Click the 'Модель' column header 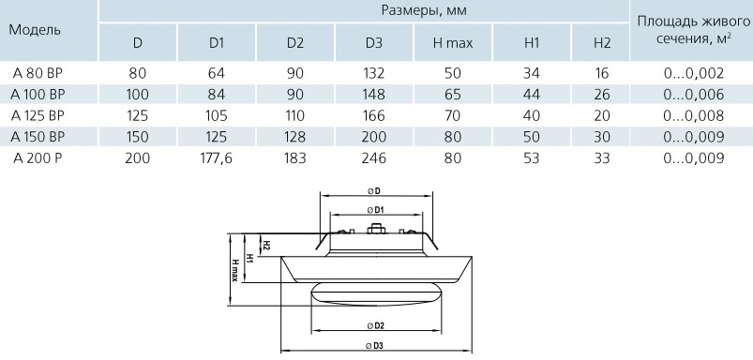[x=35, y=30]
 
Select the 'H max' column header [x=453, y=43]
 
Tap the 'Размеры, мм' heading [x=424, y=10]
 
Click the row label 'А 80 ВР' [x=38, y=73]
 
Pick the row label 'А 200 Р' [x=37, y=157]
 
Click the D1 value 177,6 [x=216, y=157]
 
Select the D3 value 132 [x=374, y=73]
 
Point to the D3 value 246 [x=374, y=157]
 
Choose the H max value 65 [x=453, y=95]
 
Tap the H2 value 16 [x=601, y=73]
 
